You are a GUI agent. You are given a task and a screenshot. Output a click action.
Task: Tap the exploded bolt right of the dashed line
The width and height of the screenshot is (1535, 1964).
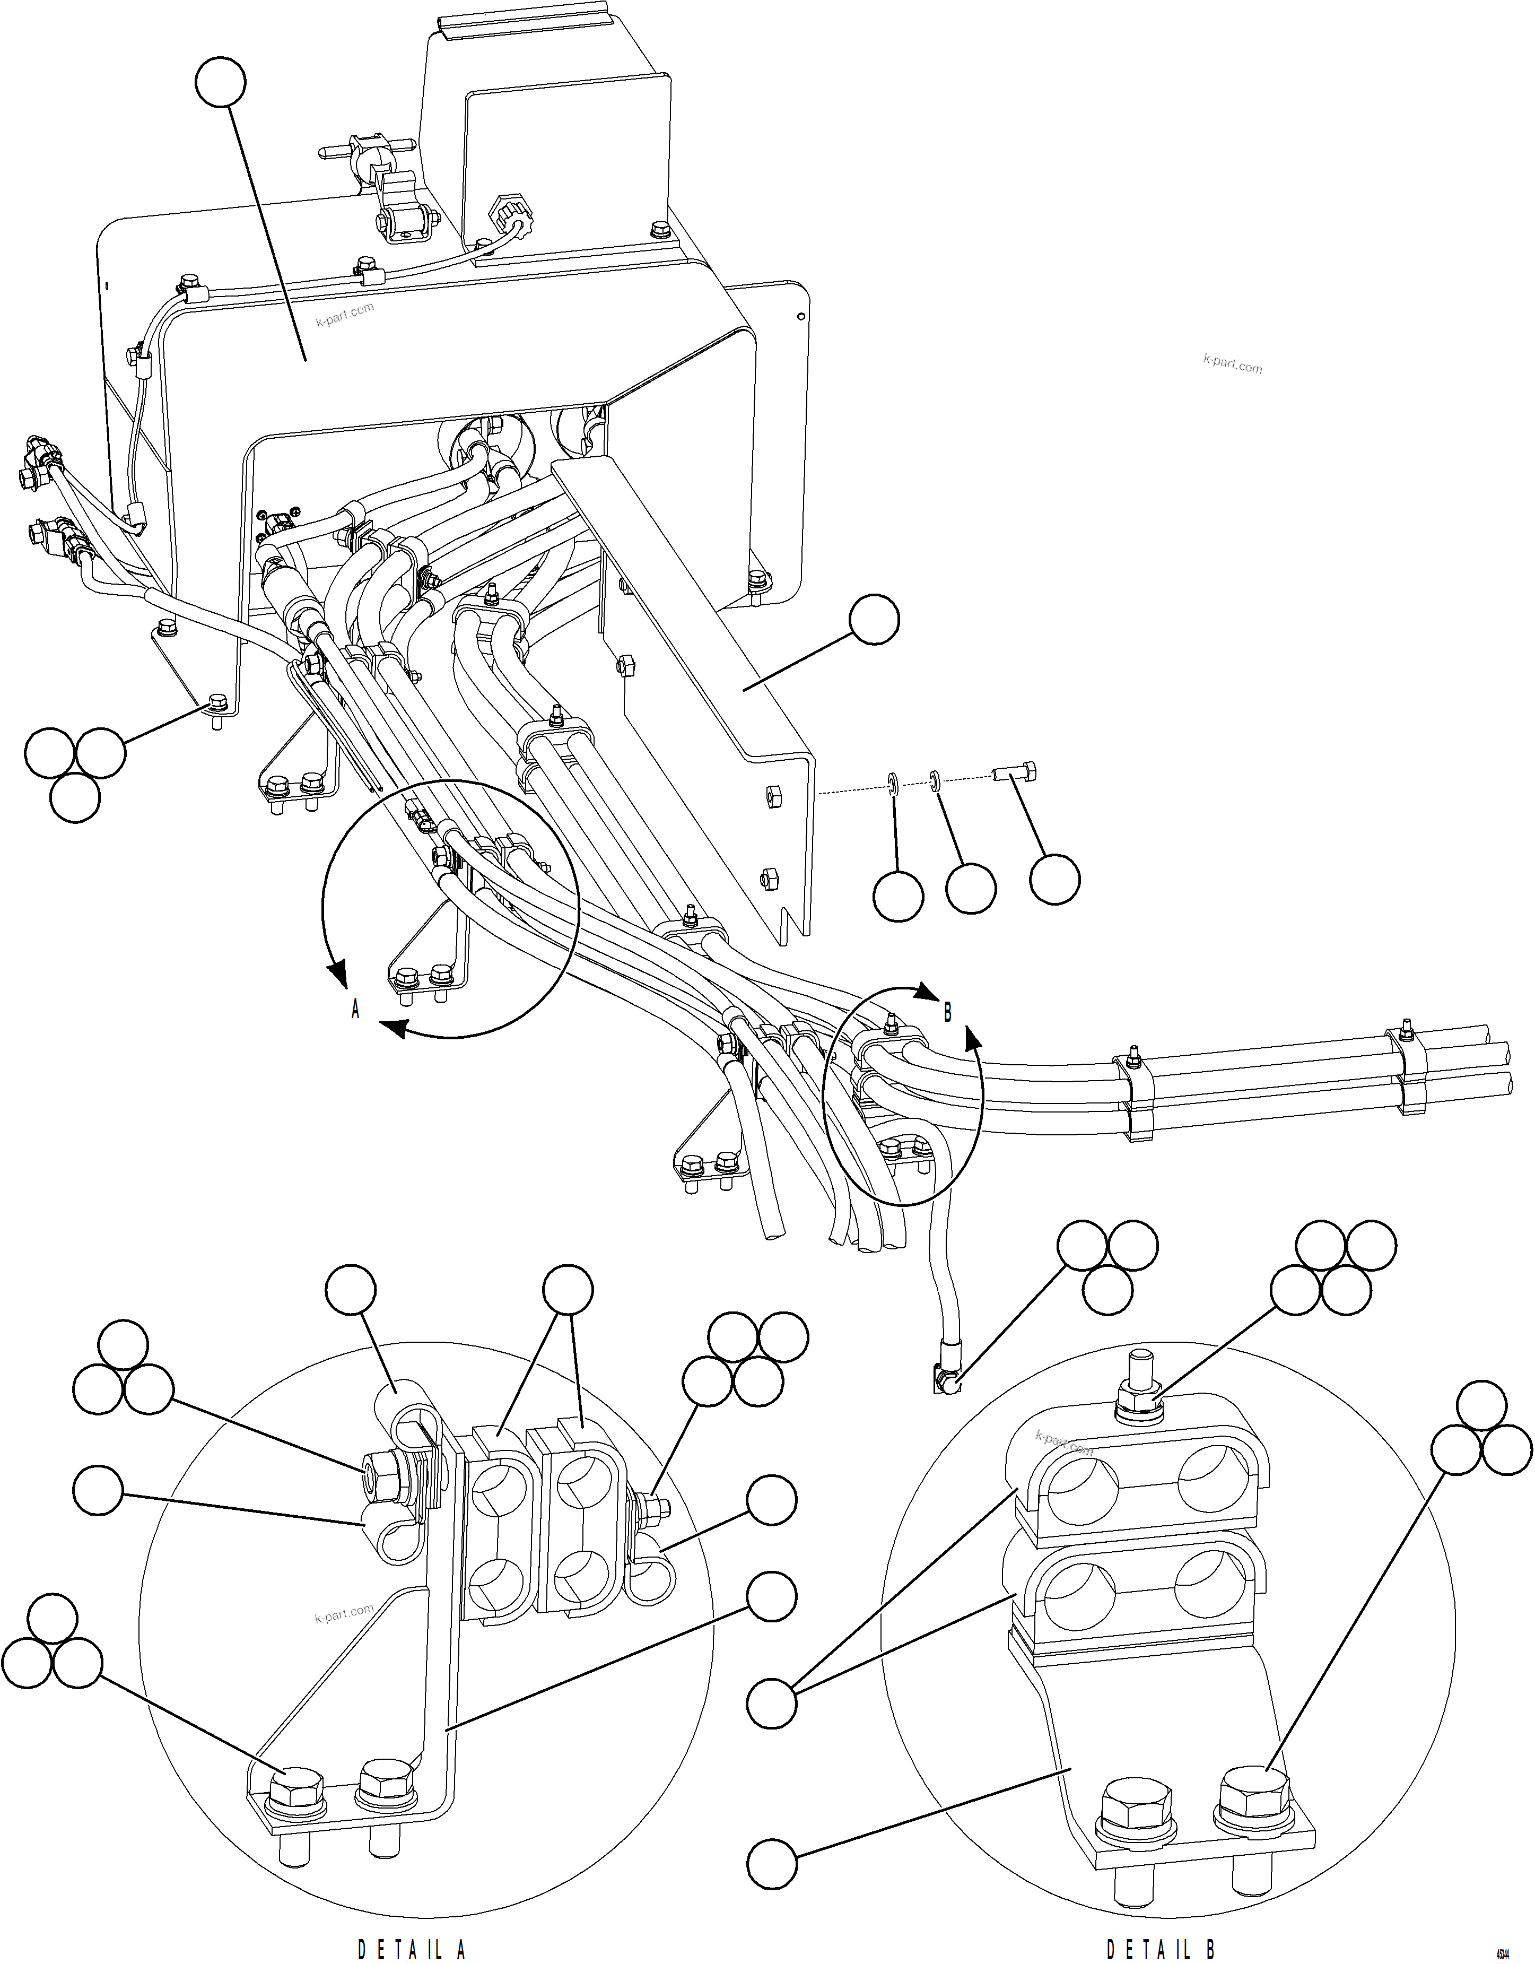click(1016, 771)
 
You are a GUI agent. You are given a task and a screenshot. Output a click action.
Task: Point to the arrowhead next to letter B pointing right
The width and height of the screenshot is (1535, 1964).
click(926, 993)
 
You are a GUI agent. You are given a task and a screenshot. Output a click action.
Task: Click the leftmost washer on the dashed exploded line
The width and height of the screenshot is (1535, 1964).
click(894, 783)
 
